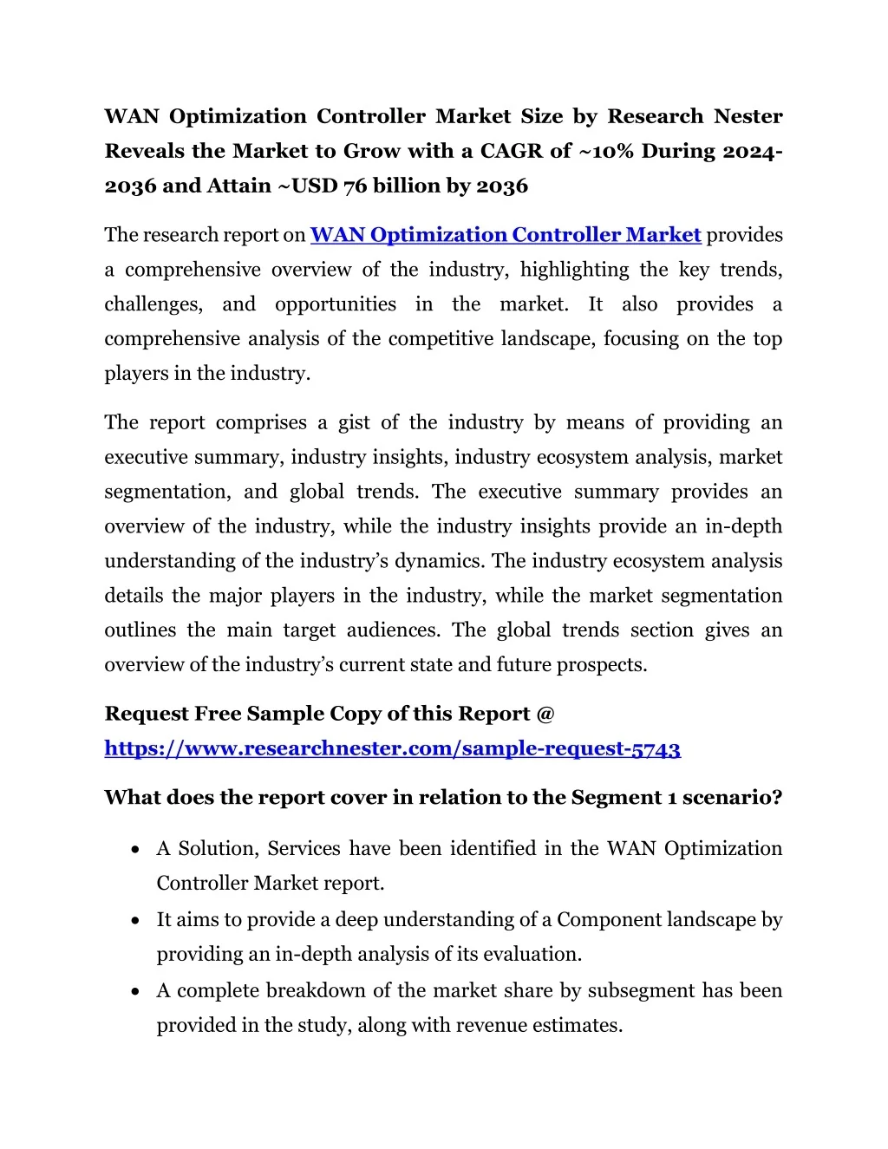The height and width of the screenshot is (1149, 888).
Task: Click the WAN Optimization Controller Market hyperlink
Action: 506,235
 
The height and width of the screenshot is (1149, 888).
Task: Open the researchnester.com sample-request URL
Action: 392,748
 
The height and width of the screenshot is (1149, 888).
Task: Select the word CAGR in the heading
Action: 513,151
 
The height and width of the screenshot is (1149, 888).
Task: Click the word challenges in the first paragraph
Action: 153,304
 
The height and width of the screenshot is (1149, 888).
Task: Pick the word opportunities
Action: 336,304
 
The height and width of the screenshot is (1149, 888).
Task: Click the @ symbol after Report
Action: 545,714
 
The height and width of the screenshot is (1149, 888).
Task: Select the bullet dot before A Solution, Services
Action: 135,849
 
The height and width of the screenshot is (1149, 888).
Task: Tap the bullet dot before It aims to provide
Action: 135,920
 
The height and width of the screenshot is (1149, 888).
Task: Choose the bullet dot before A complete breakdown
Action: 135,991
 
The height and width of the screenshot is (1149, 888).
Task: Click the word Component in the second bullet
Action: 606,919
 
